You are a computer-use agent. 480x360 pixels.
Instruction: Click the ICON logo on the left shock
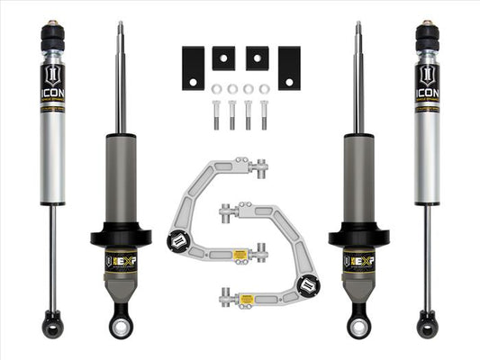pos(51,77)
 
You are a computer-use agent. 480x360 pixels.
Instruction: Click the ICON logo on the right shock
pos(428,77)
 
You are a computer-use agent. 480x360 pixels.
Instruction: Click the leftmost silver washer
pos(217,89)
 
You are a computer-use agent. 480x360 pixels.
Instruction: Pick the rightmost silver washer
pos(265,89)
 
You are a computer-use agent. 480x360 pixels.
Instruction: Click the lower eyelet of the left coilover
pos(120,321)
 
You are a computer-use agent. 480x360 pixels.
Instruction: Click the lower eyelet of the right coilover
pos(359,321)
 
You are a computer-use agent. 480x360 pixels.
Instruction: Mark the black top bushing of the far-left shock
pos(51,39)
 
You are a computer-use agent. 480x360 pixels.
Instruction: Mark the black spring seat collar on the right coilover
pos(358,238)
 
